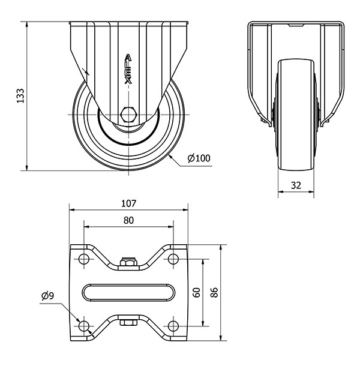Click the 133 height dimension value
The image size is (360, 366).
coord(20,96)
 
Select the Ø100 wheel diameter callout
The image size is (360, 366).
coord(199,158)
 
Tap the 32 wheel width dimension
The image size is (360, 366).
coord(296,185)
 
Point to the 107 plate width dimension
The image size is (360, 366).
coord(128,203)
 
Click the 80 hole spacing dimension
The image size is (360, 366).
coord(128,220)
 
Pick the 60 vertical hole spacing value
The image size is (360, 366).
coord(197,292)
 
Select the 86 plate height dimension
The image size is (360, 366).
coord(214,292)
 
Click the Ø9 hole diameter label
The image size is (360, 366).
coord(47,296)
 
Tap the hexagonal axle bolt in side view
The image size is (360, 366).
coord(128,115)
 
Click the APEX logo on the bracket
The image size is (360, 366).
coord(128,69)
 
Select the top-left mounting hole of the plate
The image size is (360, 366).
coord(84,259)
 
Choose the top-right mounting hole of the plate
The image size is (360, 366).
coord(173,259)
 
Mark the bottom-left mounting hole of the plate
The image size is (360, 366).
coord(84,326)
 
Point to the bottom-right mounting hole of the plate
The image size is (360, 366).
coord(173,326)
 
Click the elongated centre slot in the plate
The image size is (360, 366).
coord(128,292)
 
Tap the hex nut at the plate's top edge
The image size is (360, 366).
coord(128,262)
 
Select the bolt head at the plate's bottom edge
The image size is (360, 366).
coord(128,323)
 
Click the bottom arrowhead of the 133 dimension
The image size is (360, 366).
coord(27,167)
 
